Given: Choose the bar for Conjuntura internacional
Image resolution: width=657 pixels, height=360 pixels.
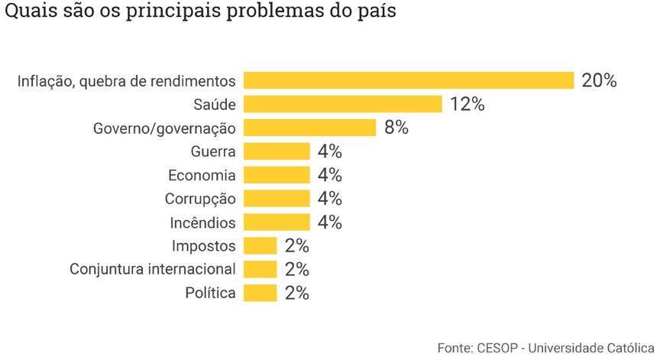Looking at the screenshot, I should [x=261, y=269].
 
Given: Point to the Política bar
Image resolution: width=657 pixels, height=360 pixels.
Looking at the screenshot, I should [x=261, y=293].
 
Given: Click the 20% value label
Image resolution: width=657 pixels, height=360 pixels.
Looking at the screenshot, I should [x=598, y=80].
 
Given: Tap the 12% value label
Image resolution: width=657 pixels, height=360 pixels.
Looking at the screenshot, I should [x=467, y=104].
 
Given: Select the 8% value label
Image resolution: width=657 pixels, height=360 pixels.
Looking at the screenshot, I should [x=396, y=128].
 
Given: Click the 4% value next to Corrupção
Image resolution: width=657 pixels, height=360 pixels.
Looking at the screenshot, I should [x=329, y=199].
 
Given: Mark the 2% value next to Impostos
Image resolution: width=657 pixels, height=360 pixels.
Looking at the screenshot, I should [x=296, y=246].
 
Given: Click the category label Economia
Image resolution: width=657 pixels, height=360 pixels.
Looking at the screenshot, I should [x=202, y=175].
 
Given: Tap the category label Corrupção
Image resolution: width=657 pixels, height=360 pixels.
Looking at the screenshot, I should [x=200, y=199].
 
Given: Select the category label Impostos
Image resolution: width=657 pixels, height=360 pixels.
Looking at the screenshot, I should [x=203, y=246].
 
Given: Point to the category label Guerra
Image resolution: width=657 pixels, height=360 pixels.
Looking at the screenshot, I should [x=214, y=151].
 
